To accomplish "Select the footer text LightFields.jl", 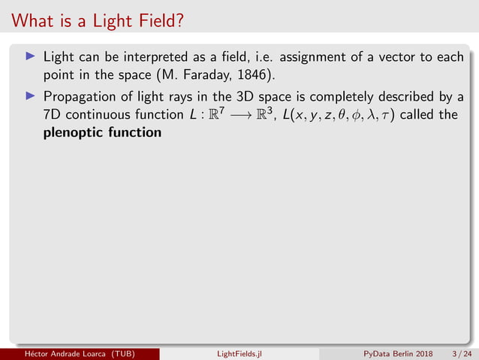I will pyautogui.click(x=239, y=353).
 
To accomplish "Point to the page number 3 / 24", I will pyautogui.click(x=459, y=353).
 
